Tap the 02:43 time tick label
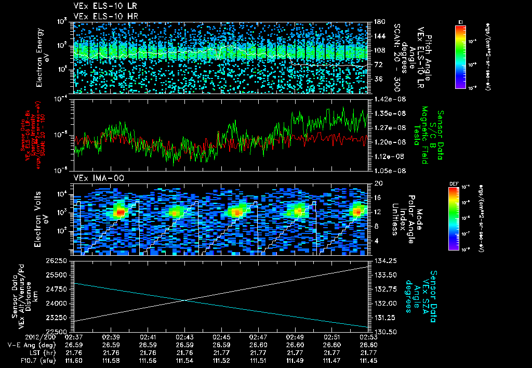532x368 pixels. [x=185, y=337]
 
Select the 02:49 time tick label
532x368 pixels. [x=295, y=337]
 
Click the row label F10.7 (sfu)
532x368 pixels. [x=36, y=360]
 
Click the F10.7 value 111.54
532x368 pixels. [x=185, y=360]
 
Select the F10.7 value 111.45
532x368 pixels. [x=368, y=360]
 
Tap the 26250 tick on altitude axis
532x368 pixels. [x=60, y=260]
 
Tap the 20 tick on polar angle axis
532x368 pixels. [x=375, y=183]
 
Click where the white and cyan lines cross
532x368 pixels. [x=185, y=300]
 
